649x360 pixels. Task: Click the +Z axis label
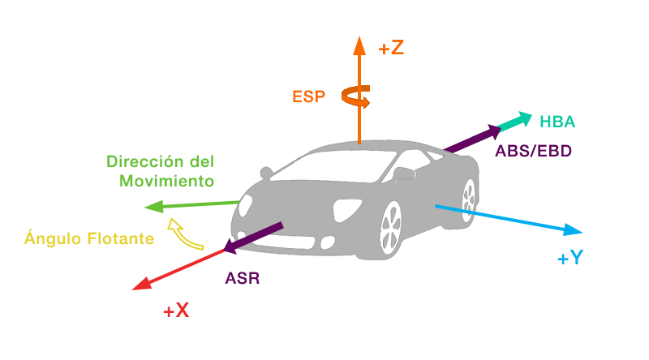tap(390, 48)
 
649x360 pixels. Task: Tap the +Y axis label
tap(570, 259)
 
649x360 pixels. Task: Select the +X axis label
tap(175, 310)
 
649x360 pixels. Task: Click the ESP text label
tap(308, 96)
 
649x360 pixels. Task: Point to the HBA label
tap(557, 122)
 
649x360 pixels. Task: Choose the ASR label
tap(243, 278)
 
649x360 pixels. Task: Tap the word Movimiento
tap(167, 180)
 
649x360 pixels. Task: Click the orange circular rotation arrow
tap(355, 98)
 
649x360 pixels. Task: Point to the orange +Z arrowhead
tap(358, 44)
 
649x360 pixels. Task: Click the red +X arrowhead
tap(144, 283)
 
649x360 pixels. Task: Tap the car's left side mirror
tap(264, 173)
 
